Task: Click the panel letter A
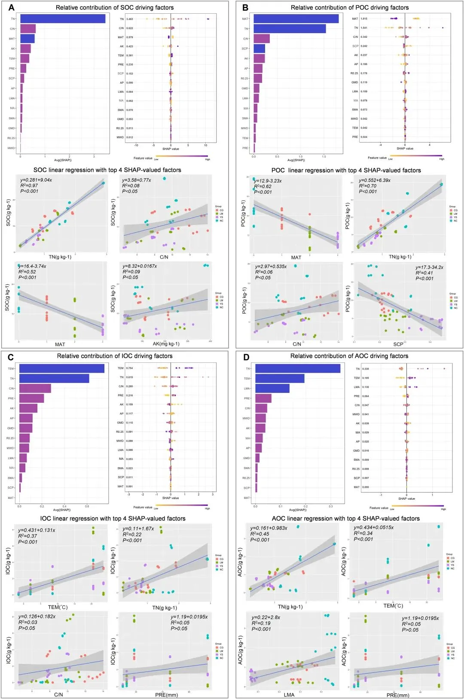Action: [12, 7]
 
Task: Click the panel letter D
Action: [246, 357]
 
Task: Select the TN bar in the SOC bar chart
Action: [63, 19]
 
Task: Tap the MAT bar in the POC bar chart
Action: [296, 19]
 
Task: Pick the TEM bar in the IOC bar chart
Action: [62, 368]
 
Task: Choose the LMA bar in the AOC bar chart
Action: [272, 388]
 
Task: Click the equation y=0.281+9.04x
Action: [36, 180]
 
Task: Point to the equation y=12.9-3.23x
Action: [268, 181]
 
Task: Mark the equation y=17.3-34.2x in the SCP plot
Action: [429, 267]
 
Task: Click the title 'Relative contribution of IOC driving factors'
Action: [115, 356]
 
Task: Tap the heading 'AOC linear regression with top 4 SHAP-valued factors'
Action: [346, 518]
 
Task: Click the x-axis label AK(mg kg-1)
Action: [166, 343]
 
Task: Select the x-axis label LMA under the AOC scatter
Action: [289, 695]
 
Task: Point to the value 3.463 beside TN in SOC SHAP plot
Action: [129, 19]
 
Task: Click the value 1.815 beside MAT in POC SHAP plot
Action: [364, 19]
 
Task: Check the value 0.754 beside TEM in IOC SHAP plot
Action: [129, 368]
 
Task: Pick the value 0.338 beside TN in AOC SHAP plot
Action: [365, 369]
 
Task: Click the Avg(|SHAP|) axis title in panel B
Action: [296, 160]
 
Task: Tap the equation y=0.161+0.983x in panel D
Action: [269, 528]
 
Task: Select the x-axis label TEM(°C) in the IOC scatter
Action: [58, 607]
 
